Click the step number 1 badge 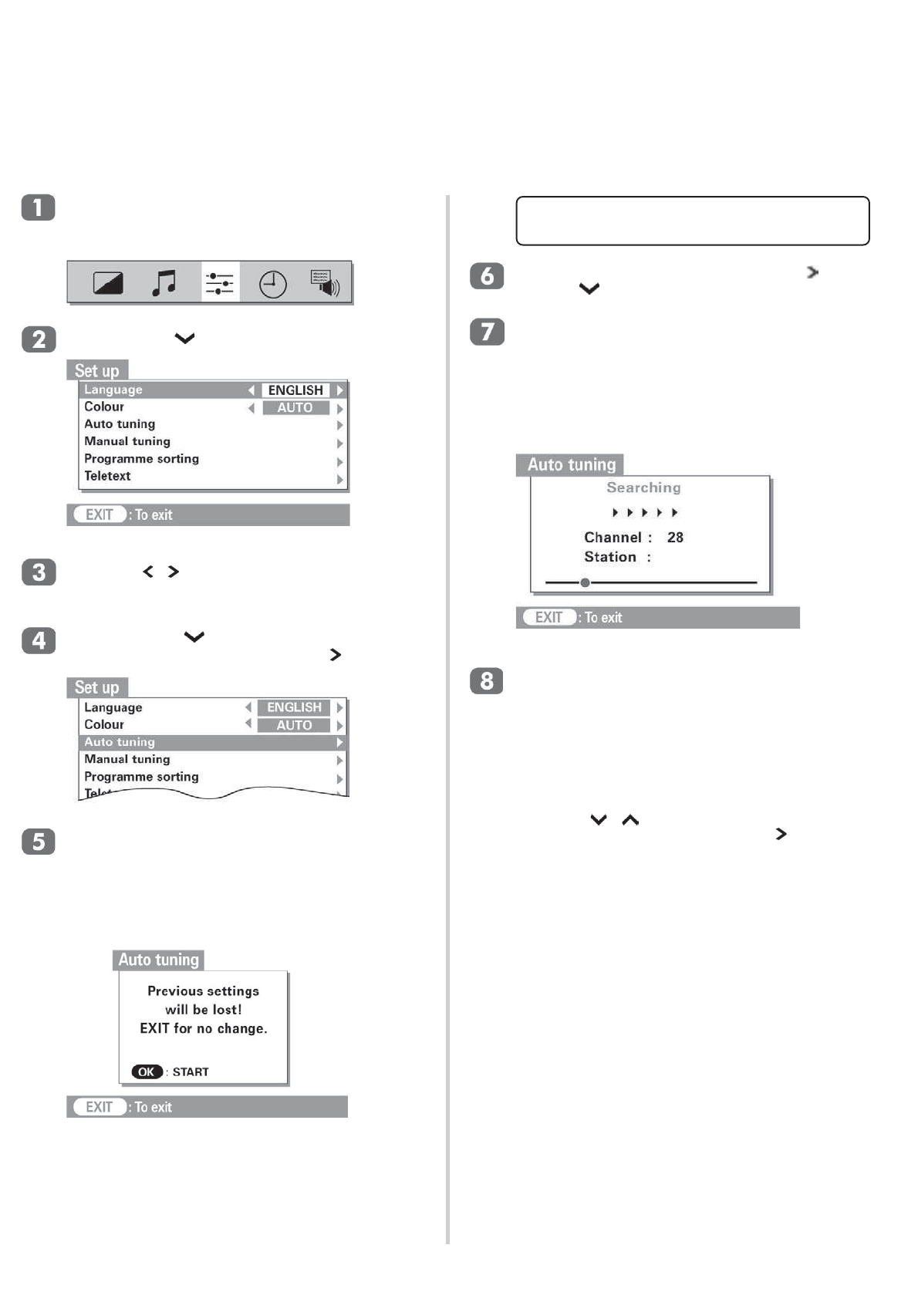coord(38,208)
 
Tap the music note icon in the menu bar coord(164,283)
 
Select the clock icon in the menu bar coord(272,284)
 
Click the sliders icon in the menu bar coord(220,283)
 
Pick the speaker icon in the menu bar coord(325,283)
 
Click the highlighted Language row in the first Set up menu coord(165,390)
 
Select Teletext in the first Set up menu coord(107,476)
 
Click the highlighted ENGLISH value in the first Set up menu coord(295,390)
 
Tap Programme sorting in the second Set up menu coord(141,777)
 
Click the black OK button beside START coord(147,1071)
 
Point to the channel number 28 coord(675,538)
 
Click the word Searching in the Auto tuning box coord(643,488)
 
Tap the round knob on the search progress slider coord(585,582)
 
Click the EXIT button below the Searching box coord(548,618)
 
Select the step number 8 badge coord(487,681)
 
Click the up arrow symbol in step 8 coord(630,820)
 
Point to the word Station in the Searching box coord(610,557)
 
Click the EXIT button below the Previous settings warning coord(99,1107)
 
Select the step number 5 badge coord(38,842)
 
